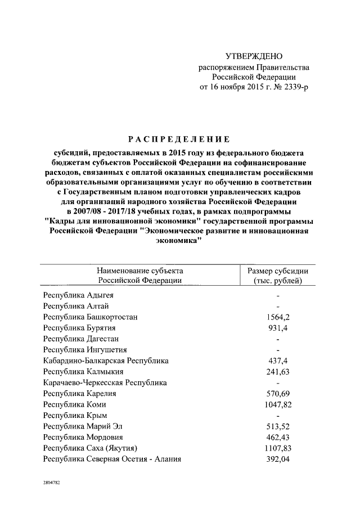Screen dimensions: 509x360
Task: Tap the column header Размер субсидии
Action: [278, 271]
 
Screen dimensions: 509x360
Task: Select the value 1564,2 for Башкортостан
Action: [278, 317]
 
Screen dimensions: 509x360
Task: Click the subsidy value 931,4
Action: [278, 327]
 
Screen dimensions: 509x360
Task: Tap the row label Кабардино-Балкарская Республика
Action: [106, 361]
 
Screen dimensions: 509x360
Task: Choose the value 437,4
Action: [278, 361]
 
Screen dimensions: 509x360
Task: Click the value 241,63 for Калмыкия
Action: [278, 371]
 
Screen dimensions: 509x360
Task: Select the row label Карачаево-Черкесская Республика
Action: [105, 382]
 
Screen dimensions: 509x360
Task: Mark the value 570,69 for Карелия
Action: [278, 393]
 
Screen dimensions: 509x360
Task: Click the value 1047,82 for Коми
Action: [278, 404]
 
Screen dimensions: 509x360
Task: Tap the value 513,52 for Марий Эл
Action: [278, 426]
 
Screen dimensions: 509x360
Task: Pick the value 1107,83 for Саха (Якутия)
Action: [278, 448]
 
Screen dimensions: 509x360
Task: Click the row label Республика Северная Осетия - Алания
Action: [112, 459]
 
